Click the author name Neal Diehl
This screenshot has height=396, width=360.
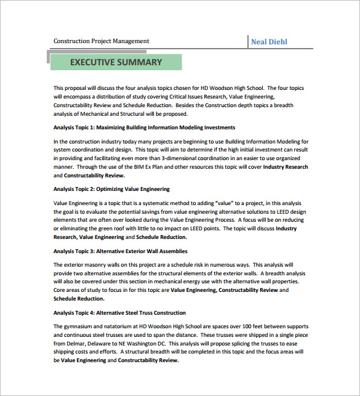269,42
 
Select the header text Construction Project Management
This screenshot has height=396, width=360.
102,41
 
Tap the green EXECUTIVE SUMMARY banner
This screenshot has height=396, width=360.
116,62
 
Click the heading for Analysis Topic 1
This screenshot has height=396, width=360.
144,127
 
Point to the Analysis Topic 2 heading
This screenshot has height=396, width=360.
111,189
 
